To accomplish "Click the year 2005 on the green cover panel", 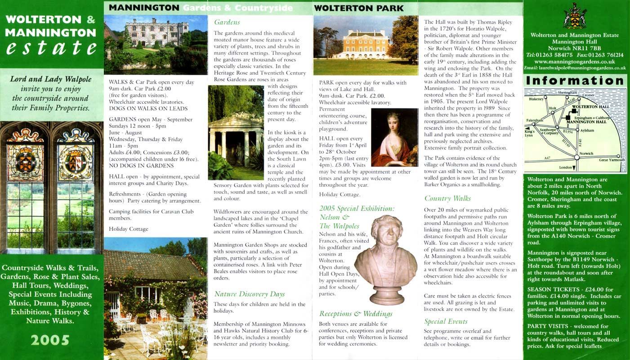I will pyautogui.click(x=50, y=340).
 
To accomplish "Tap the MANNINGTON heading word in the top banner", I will pyautogui.click(x=144, y=8).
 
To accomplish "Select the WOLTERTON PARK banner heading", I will pyautogui.click(x=358, y=8).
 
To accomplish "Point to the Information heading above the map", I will pyautogui.click(x=575, y=81).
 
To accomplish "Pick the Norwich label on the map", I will pyautogui.click(x=586, y=153).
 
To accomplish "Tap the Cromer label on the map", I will pyautogui.click(x=588, y=95).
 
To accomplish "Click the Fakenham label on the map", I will pyautogui.click(x=535, y=121).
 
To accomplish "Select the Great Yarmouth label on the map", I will pyautogui.click(x=612, y=160).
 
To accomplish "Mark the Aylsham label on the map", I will pyautogui.click(x=587, y=130).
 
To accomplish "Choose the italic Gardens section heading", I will pyautogui.click(x=227, y=22).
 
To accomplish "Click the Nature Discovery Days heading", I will pyautogui.click(x=250, y=294).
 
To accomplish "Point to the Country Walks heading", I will pyautogui.click(x=447, y=198).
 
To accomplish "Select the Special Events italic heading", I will pyautogui.click(x=446, y=321).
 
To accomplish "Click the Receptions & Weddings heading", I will pyautogui.click(x=356, y=314).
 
